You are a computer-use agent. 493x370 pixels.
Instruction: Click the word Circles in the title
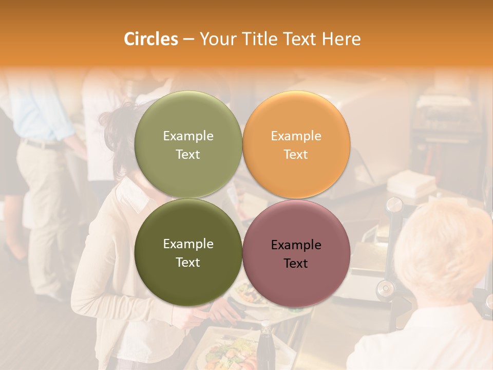click(150, 39)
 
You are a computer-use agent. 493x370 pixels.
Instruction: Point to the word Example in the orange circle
click(296, 136)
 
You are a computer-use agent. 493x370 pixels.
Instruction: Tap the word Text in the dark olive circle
click(187, 263)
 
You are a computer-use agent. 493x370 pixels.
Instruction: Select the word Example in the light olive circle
click(188, 136)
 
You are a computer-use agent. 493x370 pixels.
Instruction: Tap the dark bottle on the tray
click(266, 347)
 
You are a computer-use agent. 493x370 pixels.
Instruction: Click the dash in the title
click(188, 40)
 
